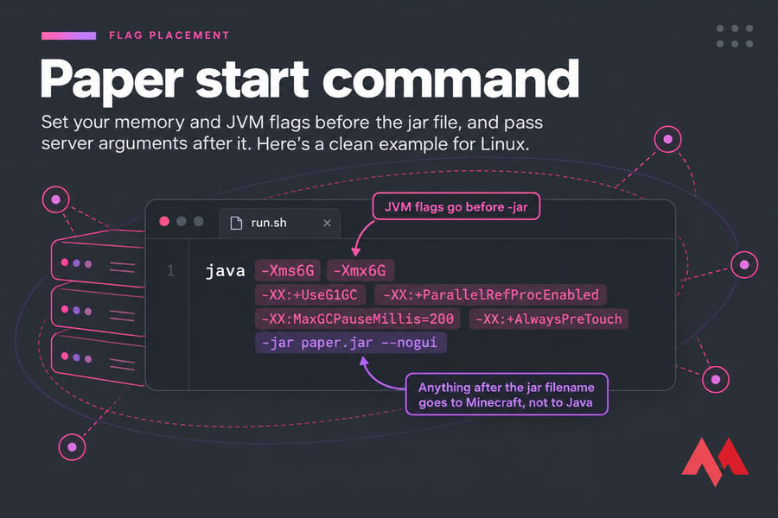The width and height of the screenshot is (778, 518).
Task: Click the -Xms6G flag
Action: [x=287, y=270]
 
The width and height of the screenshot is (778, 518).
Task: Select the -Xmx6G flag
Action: [x=360, y=270]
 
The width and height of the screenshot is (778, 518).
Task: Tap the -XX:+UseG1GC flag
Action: [x=309, y=295]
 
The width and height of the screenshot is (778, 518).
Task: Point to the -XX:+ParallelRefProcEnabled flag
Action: [x=490, y=295]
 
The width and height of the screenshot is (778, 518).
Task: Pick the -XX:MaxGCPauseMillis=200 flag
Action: [x=357, y=319]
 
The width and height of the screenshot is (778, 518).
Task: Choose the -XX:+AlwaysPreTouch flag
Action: [x=548, y=319]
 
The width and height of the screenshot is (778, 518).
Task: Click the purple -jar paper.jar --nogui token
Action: [x=350, y=343]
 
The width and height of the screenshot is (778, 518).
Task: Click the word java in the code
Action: [x=226, y=271]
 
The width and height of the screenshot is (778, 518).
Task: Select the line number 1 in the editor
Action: [x=170, y=270]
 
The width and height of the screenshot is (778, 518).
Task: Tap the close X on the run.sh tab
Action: [x=327, y=223]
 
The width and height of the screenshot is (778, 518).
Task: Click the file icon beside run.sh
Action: [x=236, y=223]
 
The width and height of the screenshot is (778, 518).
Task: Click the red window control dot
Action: [x=164, y=222]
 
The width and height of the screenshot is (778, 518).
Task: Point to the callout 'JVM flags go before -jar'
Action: [x=456, y=206]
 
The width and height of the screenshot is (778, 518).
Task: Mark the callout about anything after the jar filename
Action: [x=507, y=395]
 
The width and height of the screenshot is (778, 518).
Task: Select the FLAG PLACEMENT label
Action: [x=169, y=35]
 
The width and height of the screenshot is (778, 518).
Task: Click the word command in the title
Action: [x=450, y=79]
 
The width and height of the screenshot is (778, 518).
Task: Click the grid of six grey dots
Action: [x=735, y=36]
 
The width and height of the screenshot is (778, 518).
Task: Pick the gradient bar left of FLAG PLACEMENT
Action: [x=68, y=35]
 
